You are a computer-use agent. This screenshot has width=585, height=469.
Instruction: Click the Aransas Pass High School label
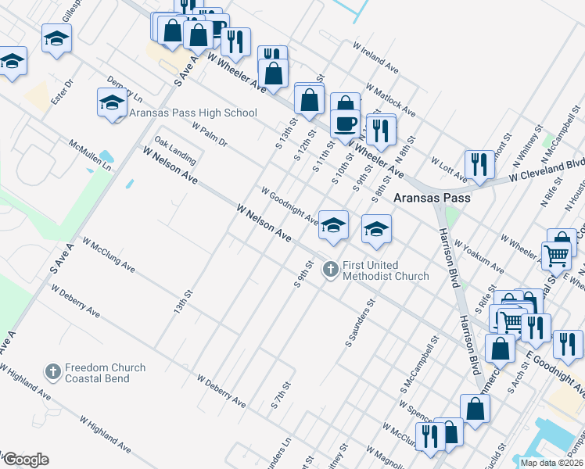(x=192, y=113)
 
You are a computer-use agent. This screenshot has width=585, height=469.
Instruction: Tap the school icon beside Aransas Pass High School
(x=112, y=103)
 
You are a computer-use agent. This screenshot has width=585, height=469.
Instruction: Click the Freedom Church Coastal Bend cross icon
(x=53, y=372)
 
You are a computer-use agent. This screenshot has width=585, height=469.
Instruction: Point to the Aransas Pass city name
(x=432, y=198)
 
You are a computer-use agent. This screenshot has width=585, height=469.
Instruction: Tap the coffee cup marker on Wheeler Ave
(x=345, y=123)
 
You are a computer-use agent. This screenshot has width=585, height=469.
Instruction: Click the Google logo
(x=26, y=460)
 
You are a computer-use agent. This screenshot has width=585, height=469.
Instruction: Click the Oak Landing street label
(x=175, y=151)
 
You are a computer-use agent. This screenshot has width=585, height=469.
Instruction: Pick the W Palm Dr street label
(x=208, y=136)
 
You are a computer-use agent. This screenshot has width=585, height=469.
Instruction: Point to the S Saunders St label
(x=360, y=322)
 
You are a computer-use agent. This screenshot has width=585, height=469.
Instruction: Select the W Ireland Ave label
(x=375, y=59)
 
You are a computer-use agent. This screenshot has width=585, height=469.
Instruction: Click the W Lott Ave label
(x=449, y=163)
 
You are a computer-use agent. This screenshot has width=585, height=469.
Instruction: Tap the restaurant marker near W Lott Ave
(x=476, y=163)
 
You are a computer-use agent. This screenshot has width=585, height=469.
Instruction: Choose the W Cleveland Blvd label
(x=546, y=170)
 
